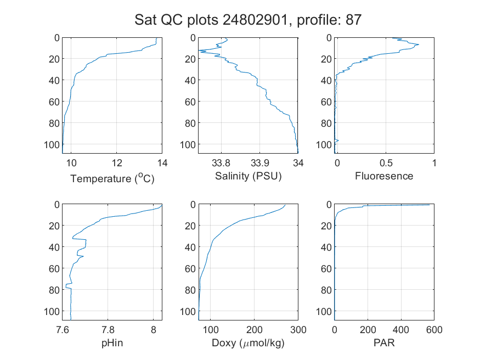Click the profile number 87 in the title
[x=354, y=20]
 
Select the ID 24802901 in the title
[x=255, y=20]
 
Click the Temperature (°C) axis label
[x=112, y=178]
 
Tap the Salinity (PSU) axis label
[x=249, y=176]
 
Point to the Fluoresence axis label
[x=384, y=176]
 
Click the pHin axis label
[x=112, y=343]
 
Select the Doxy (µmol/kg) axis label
[x=249, y=343]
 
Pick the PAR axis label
[x=384, y=342]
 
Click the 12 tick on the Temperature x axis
[x=117, y=163]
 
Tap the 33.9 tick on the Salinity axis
[x=259, y=163]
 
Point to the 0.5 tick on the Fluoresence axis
[x=386, y=163]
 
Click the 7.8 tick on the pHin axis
[x=108, y=330]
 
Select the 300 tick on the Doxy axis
[x=298, y=330]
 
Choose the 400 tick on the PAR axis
[x=400, y=330]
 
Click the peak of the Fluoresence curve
[x=419, y=44]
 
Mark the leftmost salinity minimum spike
[x=199, y=50]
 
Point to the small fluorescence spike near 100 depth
[x=338, y=140]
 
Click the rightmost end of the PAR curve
[x=430, y=205]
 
